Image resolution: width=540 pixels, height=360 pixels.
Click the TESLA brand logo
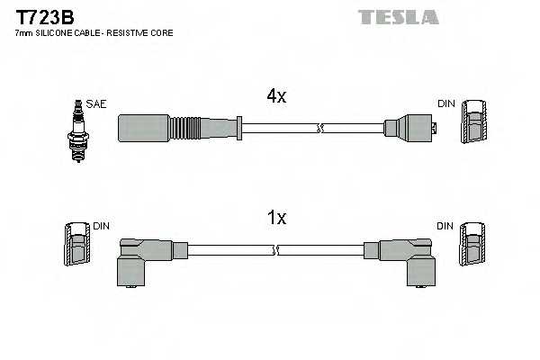pyautogui.click(x=398, y=17)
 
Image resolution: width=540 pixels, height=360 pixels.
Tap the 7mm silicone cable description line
pyautogui.click(x=94, y=33)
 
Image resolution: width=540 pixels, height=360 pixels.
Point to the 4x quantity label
pyautogui.click(x=275, y=96)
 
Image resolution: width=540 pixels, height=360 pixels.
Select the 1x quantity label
pyautogui.click(x=276, y=218)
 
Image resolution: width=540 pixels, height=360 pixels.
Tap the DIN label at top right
pyautogui.click(x=446, y=104)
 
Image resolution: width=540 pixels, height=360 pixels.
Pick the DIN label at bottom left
pyautogui.click(x=101, y=226)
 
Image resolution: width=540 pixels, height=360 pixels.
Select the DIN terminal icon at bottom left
pyautogui.click(x=76, y=244)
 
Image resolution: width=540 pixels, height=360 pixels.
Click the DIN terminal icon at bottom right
pyautogui.click(x=473, y=244)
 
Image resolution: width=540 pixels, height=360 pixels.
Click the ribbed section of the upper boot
pyautogui.click(x=194, y=129)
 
